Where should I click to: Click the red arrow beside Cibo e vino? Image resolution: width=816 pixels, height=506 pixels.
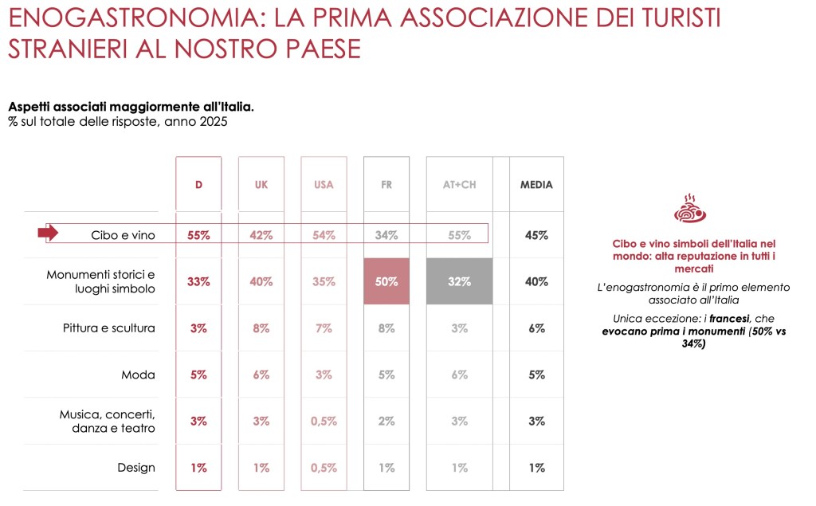48,233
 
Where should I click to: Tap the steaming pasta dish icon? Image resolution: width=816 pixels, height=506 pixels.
690,209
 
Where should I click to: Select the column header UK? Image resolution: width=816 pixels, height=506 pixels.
261,185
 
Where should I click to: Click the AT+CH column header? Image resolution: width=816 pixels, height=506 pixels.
460,185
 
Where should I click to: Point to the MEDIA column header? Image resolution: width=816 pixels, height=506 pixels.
536,185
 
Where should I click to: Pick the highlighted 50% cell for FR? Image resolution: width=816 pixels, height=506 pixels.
386,281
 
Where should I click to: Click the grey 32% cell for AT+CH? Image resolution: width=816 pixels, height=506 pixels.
460,281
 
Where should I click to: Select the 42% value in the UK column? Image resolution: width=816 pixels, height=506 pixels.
261,235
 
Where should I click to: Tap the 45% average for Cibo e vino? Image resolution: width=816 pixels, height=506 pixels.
536,235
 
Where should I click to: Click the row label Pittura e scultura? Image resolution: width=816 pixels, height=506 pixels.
108,328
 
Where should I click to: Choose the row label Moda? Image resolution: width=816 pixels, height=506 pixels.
138,375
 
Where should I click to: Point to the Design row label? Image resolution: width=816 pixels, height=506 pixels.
135,468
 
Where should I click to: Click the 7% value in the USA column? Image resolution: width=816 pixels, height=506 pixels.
324,328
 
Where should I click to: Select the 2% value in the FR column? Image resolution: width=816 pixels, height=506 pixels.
386,422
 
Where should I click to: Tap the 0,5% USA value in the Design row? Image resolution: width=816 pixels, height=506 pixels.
324,468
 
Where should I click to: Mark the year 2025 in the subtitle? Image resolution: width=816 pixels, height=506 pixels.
214,122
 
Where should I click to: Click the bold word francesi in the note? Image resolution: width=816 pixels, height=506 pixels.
729,319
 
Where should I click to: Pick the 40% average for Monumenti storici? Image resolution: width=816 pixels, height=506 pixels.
536,281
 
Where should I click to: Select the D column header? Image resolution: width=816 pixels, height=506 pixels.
198,185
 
